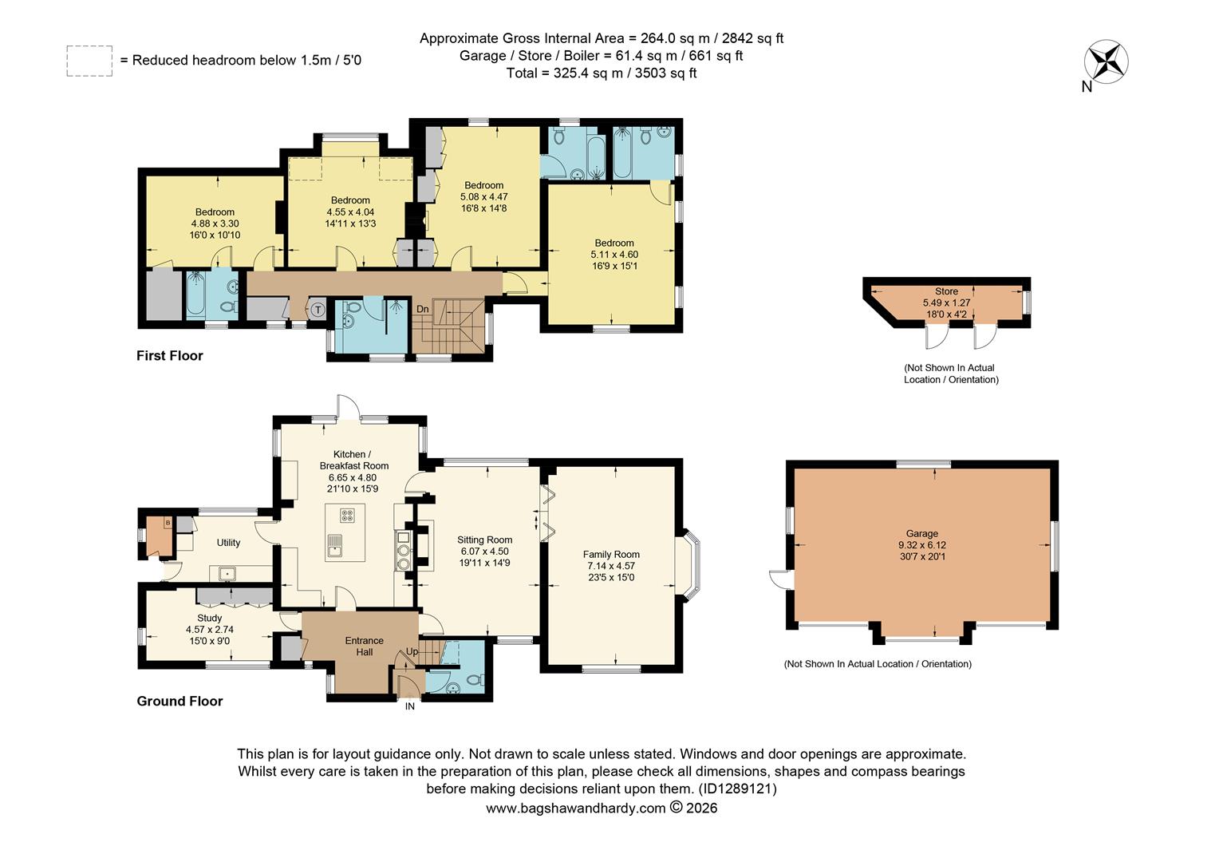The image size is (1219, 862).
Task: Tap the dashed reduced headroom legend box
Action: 89,61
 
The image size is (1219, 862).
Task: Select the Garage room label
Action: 921,534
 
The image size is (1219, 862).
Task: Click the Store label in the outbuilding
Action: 946,292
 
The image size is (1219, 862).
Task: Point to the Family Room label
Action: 611,555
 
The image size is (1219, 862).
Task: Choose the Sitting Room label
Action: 484,540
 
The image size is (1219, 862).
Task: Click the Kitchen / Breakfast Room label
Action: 353,460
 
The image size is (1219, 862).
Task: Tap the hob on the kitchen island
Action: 348,515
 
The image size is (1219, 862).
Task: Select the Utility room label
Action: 228,543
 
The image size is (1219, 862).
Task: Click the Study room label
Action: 209,619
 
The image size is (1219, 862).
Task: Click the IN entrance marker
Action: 410,706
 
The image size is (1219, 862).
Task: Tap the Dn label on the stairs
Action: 423,309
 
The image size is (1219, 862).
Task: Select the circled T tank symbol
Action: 318,310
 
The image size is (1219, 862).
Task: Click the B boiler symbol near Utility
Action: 168,523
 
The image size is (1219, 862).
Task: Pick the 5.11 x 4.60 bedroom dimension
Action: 614,255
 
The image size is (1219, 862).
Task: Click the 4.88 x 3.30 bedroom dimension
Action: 215,224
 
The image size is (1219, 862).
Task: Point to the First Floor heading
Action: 170,356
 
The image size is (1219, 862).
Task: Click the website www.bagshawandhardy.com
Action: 575,808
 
